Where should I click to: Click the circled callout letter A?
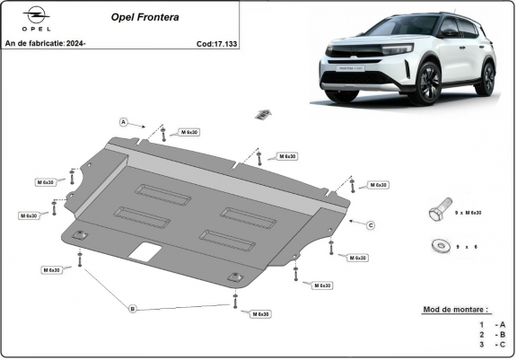pos(124,121)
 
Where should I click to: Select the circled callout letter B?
pos(133,309)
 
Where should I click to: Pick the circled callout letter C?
pos(370,224)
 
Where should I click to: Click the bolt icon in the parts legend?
pos(437,212)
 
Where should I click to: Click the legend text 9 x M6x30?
pos(468,213)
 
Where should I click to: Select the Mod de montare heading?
pos(457,309)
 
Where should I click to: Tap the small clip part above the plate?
pos(262,113)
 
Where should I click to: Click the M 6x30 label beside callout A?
pos(189,132)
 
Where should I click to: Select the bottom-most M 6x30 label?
pos(259,314)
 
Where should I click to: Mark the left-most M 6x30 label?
pos(30,215)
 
